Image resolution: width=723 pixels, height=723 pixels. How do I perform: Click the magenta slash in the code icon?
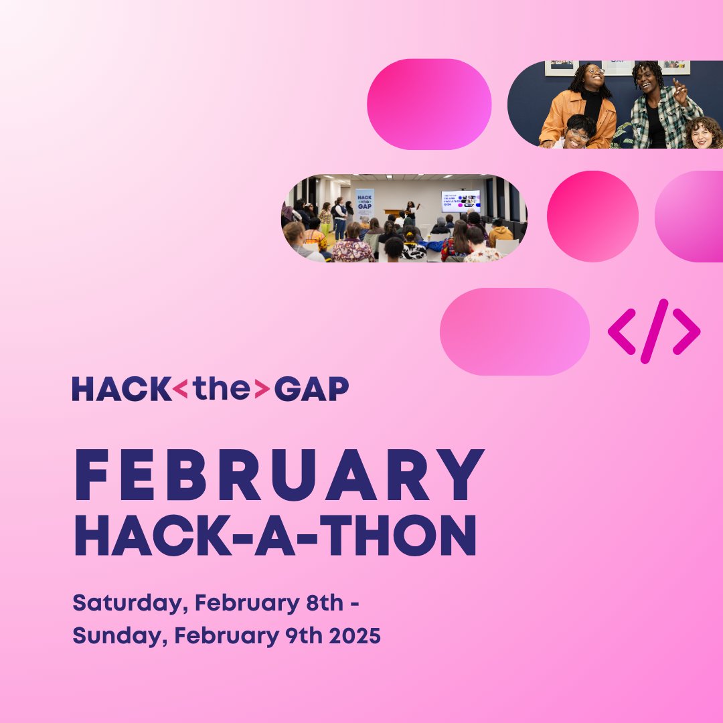(654, 331)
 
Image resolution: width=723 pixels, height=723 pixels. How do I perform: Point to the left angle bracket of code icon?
(621, 331)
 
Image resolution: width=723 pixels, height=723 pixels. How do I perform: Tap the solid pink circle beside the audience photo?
(592, 216)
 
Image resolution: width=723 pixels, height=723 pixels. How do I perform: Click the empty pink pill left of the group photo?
(429, 104)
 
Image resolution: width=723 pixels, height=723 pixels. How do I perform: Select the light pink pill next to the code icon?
(514, 331)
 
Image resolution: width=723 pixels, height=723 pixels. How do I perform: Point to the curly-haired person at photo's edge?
(703, 134)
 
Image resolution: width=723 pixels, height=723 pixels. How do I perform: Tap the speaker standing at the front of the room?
(409, 211)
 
